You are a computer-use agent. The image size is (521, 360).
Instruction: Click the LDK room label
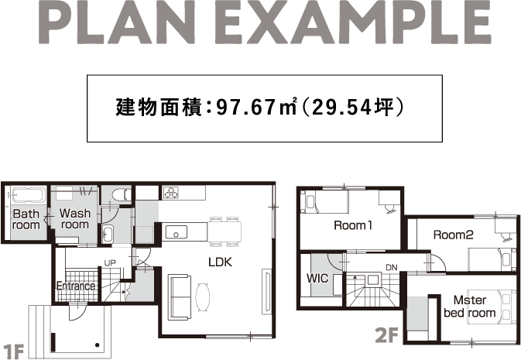coord(220,262)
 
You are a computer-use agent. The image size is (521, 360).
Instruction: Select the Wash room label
coord(75,218)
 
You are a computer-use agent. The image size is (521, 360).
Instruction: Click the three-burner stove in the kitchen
coord(171,193)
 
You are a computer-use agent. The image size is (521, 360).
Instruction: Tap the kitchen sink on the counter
coord(176,231)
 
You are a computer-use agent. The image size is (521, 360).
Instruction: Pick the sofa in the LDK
coord(180,297)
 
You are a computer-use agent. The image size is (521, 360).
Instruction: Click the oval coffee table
coord(202,297)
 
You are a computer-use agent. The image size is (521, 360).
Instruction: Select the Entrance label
coord(76,286)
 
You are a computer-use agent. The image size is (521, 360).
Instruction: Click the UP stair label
coord(110,263)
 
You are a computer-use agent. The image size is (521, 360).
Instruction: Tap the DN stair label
coord(392,267)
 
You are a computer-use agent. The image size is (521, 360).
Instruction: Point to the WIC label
coord(317,278)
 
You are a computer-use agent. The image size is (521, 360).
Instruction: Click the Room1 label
coord(353,225)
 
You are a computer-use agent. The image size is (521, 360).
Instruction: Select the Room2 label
coord(453,235)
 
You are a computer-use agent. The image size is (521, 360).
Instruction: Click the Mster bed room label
coord(470,307)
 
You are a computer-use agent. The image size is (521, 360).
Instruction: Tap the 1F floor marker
coord(13,351)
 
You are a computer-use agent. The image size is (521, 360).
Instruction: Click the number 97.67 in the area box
coord(245,108)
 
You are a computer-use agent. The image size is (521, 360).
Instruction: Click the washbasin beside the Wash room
coord(108,233)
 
